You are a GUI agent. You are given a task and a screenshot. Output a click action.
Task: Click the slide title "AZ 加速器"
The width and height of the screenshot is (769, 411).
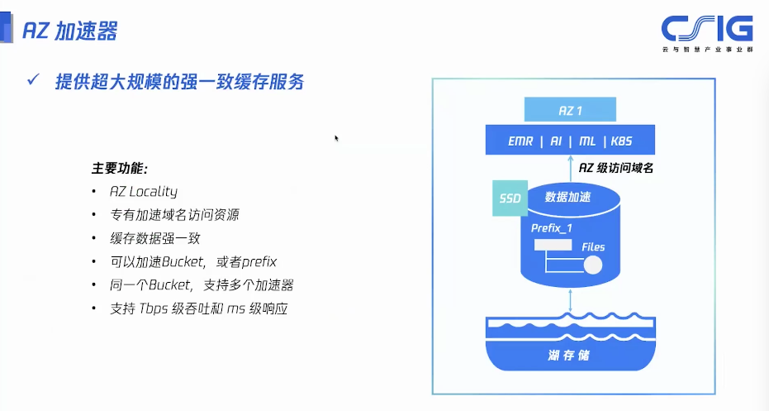click(x=69, y=31)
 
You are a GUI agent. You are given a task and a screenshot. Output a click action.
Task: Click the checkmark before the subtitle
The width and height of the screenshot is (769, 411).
click(x=34, y=80)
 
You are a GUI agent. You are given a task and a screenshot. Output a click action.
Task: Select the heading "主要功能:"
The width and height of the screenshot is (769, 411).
click(x=119, y=168)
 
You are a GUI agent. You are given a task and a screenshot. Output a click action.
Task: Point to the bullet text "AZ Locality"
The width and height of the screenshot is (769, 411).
click(x=144, y=191)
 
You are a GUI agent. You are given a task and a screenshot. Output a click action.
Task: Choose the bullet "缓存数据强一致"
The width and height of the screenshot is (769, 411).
click(x=154, y=238)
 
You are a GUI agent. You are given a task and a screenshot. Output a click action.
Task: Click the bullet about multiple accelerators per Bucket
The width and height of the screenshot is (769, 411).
click(x=202, y=285)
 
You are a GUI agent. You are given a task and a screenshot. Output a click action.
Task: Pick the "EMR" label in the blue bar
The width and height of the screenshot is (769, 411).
click(x=521, y=141)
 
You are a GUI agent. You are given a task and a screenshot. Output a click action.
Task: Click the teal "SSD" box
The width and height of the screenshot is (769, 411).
click(x=510, y=198)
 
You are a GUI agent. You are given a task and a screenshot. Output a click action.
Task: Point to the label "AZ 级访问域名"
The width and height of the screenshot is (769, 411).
click(x=616, y=169)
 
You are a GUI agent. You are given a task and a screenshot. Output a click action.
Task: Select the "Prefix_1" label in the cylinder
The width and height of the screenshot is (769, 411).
click(x=553, y=227)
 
